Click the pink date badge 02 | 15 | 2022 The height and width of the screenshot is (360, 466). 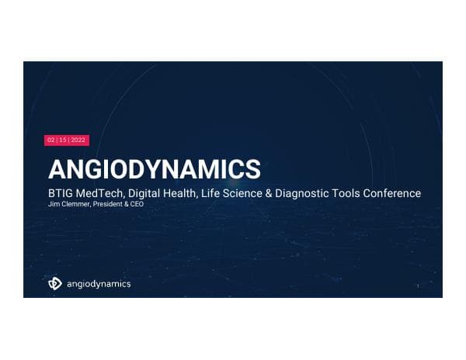coord(67,140)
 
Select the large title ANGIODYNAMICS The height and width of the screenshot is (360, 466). coord(155,169)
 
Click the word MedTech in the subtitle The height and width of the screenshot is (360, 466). coord(102,193)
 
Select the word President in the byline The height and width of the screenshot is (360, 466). coord(105,204)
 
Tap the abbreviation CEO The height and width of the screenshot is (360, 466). coord(137,204)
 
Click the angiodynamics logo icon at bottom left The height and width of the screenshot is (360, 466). coord(55,284)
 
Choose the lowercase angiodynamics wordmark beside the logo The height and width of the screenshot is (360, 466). coord(98,284)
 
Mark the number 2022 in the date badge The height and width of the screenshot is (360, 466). coord(78,140)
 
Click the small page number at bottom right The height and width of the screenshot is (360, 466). coord(418,286)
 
